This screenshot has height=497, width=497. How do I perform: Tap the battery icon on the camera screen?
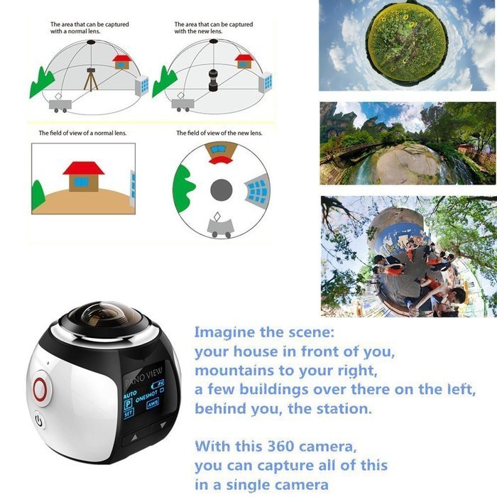[x=158, y=385]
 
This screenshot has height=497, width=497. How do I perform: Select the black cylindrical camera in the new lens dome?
[x=212, y=79]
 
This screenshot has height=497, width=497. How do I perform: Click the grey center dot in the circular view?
[x=222, y=190]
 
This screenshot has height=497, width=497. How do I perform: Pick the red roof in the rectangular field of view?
[x=83, y=168]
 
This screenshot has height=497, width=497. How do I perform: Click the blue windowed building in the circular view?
[x=256, y=190]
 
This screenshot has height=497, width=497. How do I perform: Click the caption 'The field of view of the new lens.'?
[x=219, y=133]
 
